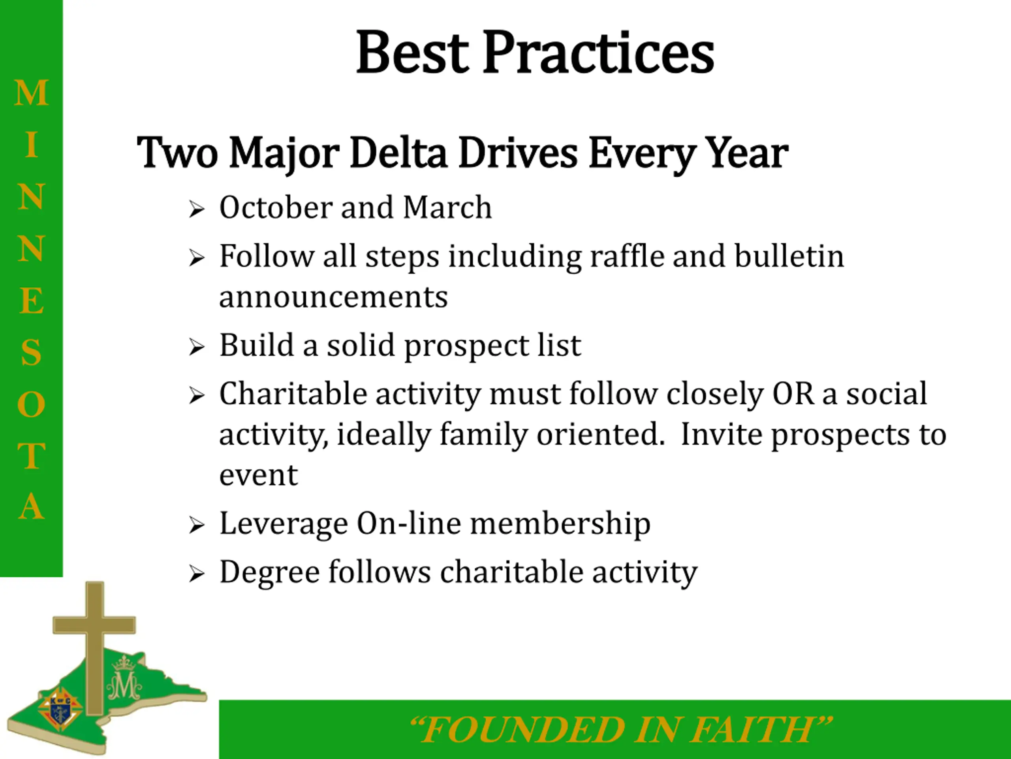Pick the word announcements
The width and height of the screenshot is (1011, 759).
point(334,297)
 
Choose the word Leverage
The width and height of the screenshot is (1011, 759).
point(284,524)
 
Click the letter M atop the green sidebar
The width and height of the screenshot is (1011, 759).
point(31,93)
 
